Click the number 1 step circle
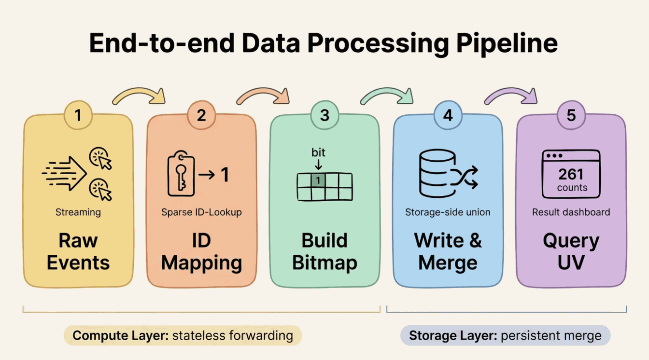[78, 115]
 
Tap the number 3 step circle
[324, 115]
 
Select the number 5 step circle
[571, 115]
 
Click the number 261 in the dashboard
[571, 174]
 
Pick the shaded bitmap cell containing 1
[318, 180]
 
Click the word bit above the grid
[318, 152]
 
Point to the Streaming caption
[78, 212]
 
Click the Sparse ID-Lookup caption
[201, 212]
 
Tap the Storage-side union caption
[448, 212]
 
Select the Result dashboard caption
[571, 212]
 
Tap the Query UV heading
[571, 251]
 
